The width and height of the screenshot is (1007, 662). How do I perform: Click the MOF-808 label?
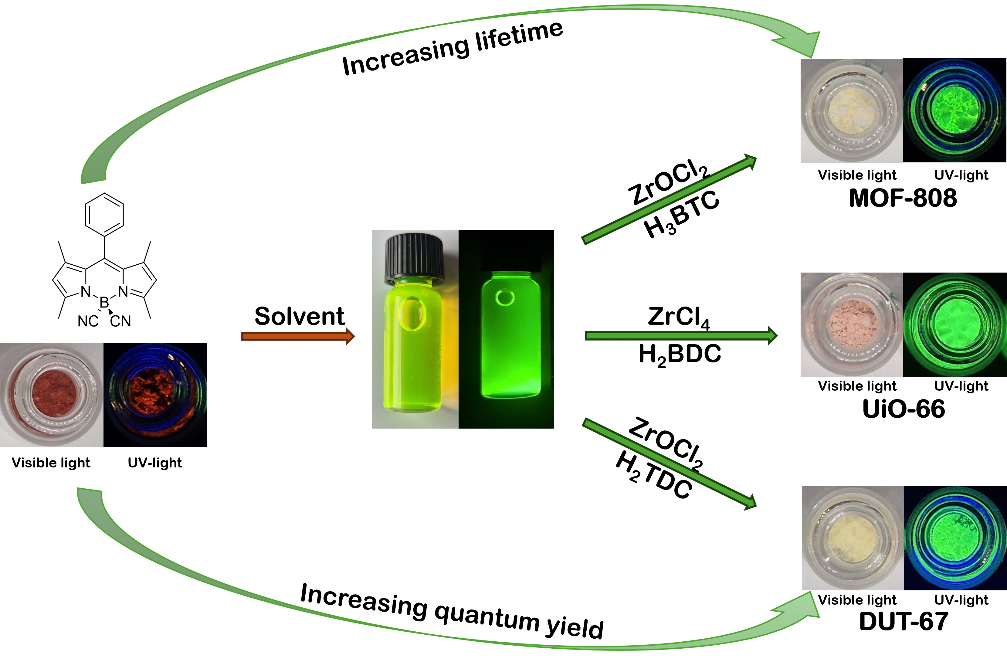click(x=903, y=198)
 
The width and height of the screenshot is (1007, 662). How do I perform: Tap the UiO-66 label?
click(x=903, y=409)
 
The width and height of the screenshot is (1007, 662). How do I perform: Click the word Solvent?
click(x=299, y=316)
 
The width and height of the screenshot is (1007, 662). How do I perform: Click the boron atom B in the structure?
click(x=104, y=303)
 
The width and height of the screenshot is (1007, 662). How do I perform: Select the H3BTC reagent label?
click(x=681, y=213)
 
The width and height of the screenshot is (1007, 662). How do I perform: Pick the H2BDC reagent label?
click(x=680, y=354)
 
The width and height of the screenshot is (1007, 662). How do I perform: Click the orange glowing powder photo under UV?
click(x=155, y=395)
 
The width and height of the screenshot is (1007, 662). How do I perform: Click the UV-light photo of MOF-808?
click(x=954, y=110)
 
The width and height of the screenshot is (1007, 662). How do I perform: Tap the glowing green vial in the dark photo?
click(x=511, y=334)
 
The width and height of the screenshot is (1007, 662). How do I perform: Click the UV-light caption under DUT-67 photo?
click(x=961, y=600)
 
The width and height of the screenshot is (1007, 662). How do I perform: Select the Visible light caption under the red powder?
click(x=51, y=463)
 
